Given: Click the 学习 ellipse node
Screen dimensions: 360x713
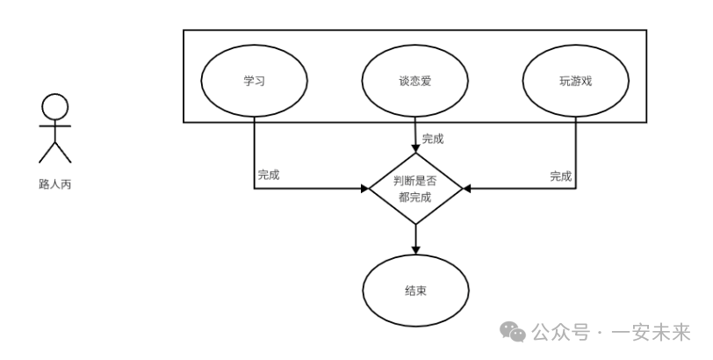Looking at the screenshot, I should point(254,82).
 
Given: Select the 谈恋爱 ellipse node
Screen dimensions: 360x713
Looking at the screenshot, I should point(414,82).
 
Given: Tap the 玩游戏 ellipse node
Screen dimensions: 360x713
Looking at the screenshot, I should point(575,82).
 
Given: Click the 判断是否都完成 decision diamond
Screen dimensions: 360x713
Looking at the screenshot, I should point(414,189).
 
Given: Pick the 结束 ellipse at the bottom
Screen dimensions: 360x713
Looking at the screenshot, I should point(414,291).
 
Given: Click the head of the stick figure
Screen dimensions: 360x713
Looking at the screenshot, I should point(54,106).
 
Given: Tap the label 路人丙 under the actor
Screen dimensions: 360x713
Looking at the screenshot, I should point(54,185).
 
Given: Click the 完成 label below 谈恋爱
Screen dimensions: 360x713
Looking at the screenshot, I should point(433,139).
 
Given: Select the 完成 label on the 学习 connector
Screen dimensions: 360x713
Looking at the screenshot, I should point(269,175).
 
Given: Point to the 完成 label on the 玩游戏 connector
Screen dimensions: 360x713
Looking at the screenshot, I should point(561,176).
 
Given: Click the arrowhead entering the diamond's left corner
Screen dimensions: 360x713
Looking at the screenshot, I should point(364,189).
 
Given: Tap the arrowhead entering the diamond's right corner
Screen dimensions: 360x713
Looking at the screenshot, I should point(466,189).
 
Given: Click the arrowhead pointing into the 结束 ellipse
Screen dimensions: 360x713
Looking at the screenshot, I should point(414,250).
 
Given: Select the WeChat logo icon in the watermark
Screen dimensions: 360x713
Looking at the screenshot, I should point(513,332).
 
